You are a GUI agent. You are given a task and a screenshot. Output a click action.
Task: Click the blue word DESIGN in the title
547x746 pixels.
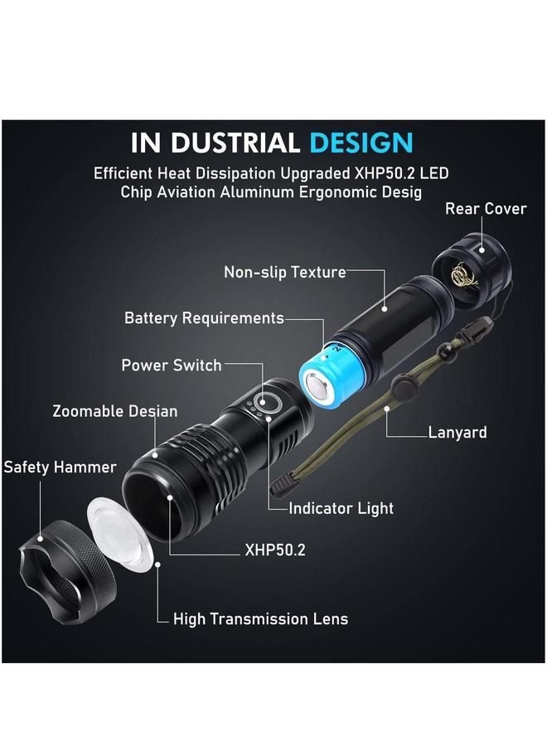(x=361, y=142)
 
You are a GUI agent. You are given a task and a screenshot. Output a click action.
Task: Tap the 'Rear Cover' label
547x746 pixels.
(x=485, y=209)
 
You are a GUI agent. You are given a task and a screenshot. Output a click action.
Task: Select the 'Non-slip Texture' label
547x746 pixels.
(x=284, y=272)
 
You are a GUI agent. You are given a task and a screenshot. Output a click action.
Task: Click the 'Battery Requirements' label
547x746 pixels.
(x=204, y=318)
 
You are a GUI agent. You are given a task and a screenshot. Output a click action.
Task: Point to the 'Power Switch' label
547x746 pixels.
(x=172, y=365)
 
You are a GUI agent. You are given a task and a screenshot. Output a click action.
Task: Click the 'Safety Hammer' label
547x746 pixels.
(x=60, y=467)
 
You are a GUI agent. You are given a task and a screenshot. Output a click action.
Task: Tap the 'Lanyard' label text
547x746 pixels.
(x=457, y=432)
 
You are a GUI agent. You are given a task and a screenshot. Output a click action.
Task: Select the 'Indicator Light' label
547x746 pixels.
(x=341, y=508)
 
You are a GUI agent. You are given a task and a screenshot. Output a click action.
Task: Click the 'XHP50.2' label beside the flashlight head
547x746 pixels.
(x=275, y=549)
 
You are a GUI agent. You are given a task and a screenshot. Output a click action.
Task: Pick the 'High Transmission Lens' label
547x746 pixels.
(x=260, y=619)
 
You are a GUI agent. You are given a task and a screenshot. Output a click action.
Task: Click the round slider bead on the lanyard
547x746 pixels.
(x=403, y=386)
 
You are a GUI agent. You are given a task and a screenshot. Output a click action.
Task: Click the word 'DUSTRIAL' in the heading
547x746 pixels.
(x=234, y=142)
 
